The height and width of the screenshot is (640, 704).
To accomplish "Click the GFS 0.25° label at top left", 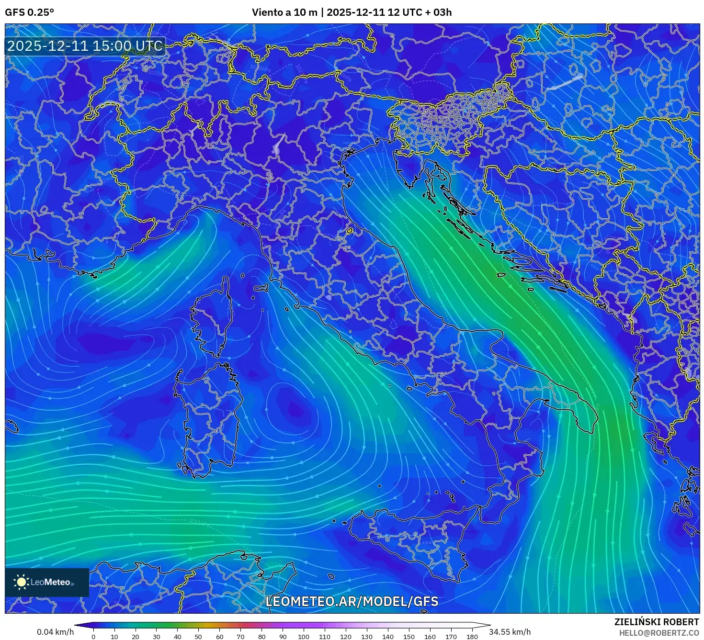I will (29, 12).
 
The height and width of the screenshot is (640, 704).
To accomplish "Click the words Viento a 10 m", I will (284, 12).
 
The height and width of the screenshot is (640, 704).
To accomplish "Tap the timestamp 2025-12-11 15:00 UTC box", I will (85, 46).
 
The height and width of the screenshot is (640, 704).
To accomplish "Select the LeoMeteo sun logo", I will (21, 582).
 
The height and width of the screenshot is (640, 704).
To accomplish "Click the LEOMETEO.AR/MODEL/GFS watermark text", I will (352, 601).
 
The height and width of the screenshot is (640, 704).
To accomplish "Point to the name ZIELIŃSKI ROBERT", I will (656, 622).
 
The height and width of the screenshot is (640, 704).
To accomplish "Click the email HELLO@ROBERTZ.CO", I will (659, 633).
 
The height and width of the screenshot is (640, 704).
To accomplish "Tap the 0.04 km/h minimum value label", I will (55, 632).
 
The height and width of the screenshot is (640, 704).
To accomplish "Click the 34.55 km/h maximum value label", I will (510, 632).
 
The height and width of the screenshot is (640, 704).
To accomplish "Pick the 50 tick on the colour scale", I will (198, 637).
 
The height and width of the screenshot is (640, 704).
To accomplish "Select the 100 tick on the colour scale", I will (304, 637).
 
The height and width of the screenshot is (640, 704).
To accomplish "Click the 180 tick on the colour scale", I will (472, 637).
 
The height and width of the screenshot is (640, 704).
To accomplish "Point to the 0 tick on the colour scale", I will (93, 637).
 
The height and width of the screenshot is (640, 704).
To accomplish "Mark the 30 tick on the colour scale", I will (156, 637).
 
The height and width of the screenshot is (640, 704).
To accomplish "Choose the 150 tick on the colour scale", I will (409, 637).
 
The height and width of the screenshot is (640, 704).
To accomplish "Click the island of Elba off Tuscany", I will (261, 288).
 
